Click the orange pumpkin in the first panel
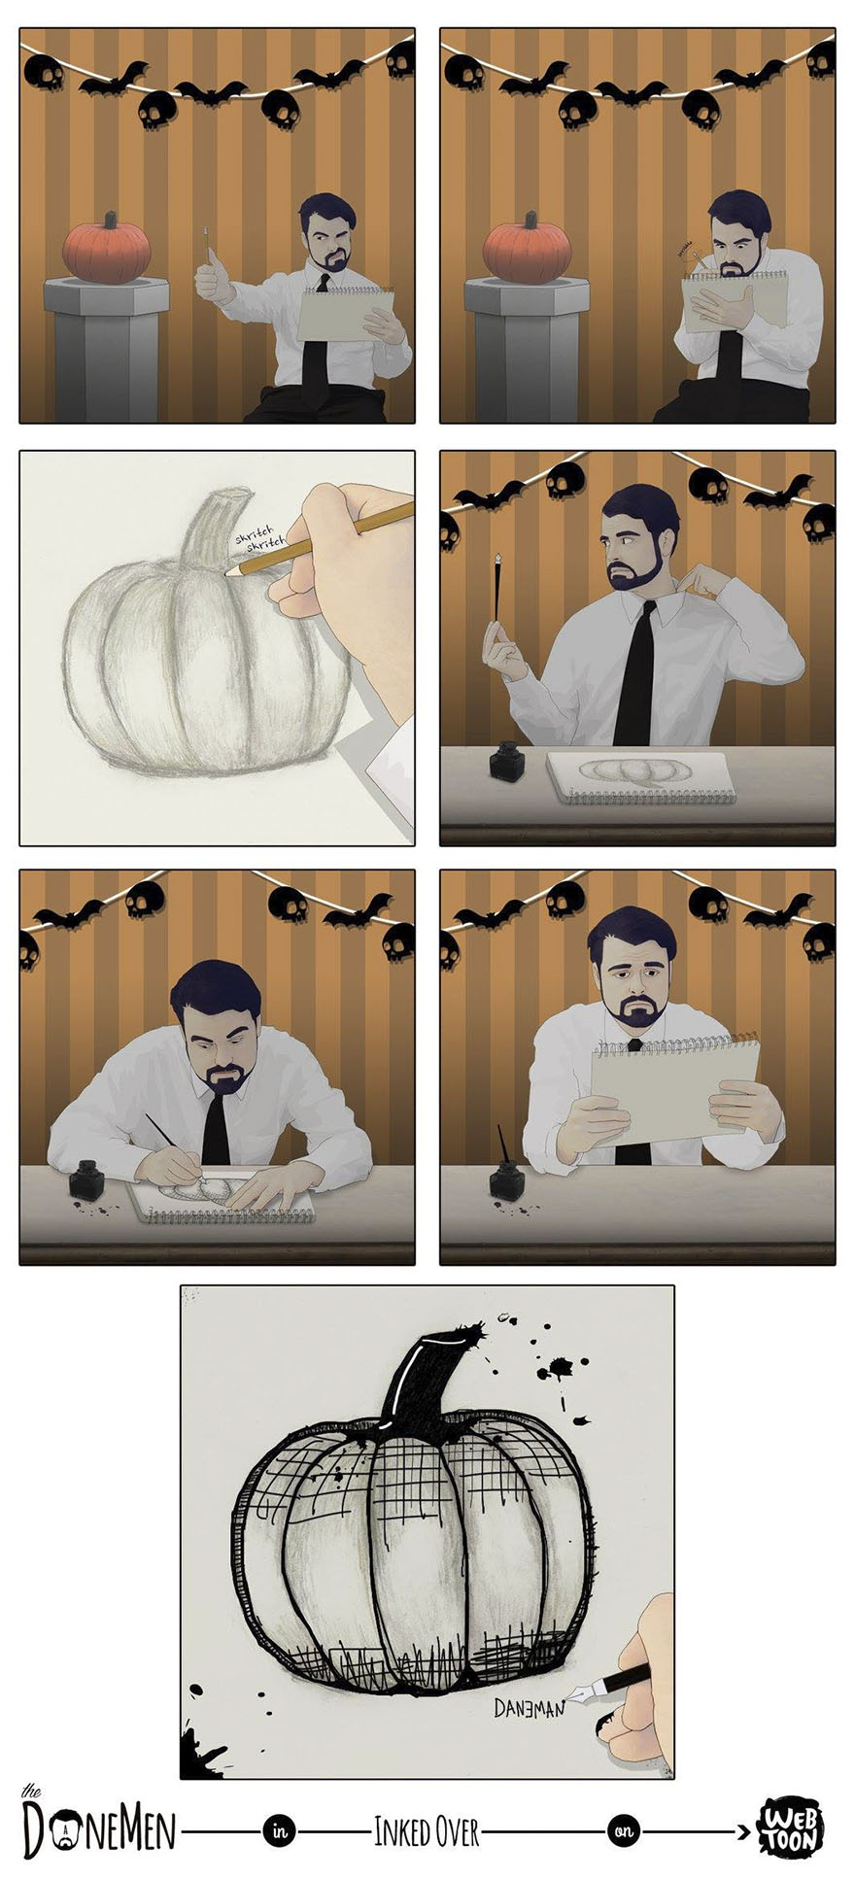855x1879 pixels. [107, 248]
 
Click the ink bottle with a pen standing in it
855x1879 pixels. [505, 1180]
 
